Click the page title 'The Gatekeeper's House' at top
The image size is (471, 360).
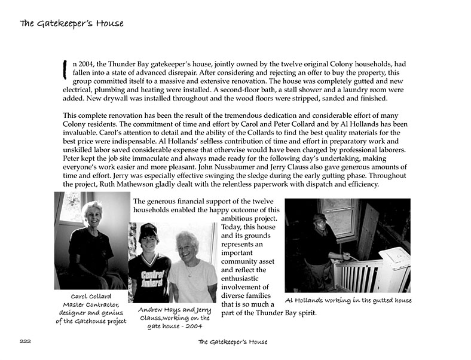[71, 24]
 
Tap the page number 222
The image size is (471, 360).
[24, 342]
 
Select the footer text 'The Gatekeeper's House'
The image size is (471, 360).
[233, 342]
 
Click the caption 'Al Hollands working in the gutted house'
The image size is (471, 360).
[348, 300]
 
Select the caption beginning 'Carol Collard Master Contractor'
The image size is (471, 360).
[91, 309]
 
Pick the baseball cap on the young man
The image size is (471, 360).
[148, 230]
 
